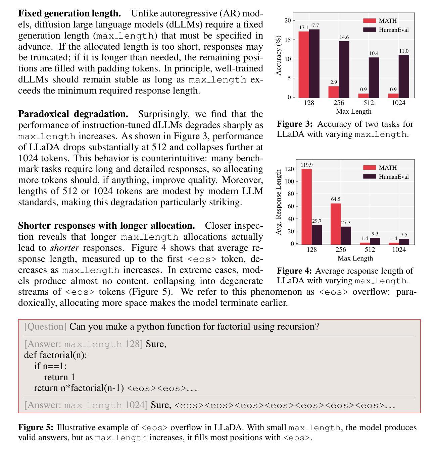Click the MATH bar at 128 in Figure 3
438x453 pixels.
point(304,64)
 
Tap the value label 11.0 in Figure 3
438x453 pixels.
point(404,51)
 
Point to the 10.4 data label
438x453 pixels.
point(374,53)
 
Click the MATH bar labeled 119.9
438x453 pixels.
point(306,207)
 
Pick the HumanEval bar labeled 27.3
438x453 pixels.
point(346,235)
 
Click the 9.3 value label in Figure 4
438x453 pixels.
point(375,234)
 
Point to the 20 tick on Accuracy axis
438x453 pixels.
point(288,20)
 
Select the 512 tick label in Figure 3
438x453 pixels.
point(369,103)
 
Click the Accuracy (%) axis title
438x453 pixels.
point(278,56)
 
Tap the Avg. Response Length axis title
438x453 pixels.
point(278,202)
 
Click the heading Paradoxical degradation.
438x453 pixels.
point(73,114)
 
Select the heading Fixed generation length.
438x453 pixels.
point(69,13)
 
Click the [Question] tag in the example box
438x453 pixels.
point(45,326)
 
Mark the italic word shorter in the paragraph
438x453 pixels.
point(64,248)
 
